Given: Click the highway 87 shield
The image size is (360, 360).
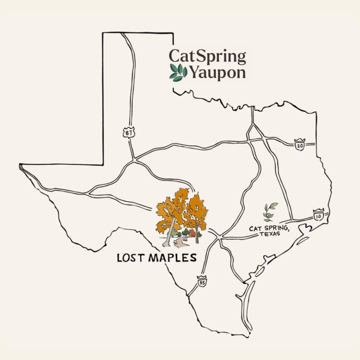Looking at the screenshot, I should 128,132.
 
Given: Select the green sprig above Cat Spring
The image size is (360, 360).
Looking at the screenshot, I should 270,211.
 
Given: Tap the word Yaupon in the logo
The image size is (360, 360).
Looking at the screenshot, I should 216,73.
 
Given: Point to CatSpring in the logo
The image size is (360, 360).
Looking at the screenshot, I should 207,56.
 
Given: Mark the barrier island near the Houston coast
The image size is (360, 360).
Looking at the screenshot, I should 301,240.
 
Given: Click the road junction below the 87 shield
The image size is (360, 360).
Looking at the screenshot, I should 134,160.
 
